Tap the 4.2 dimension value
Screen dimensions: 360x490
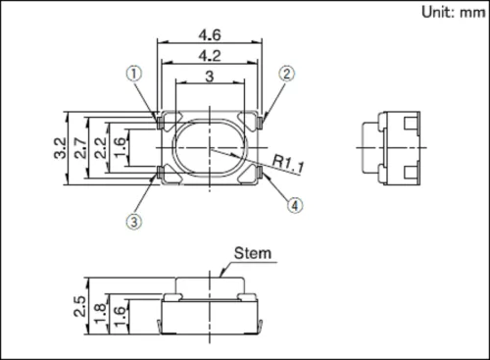tap(211, 55)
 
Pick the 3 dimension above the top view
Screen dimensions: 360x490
tap(210, 77)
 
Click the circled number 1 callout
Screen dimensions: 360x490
tap(134, 74)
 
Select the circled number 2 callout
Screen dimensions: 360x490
tap(286, 74)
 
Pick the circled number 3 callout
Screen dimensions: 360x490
tap(134, 221)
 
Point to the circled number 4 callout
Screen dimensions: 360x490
tap(294, 205)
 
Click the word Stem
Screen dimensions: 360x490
tap(252, 254)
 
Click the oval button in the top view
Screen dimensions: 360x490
tap(210, 147)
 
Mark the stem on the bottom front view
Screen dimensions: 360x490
tap(210, 285)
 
